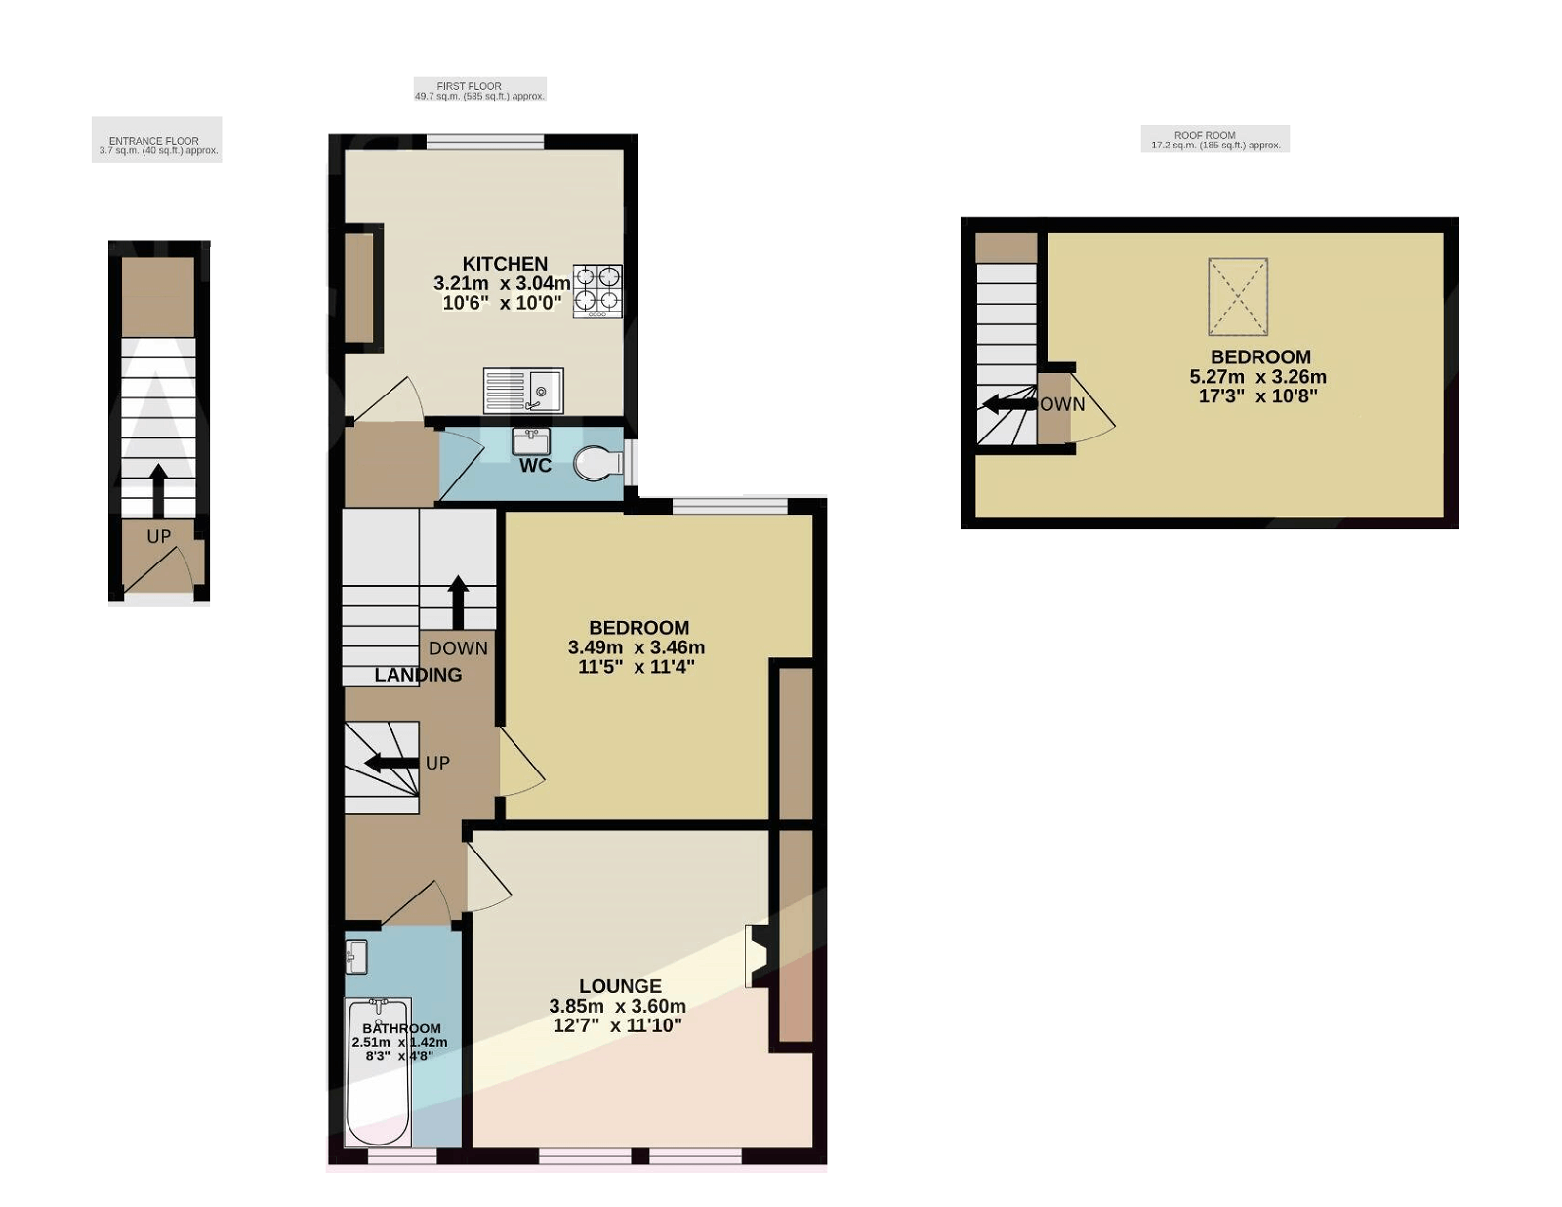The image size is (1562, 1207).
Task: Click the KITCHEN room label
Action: [505, 264]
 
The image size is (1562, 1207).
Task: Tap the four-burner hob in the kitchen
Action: [596, 290]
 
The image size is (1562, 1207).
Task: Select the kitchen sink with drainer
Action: [523, 391]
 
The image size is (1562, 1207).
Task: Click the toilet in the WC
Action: [597, 463]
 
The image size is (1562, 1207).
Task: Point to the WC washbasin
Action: [531, 440]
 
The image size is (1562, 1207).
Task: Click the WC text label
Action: [535, 466]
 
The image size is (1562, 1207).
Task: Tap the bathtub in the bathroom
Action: [378, 1072]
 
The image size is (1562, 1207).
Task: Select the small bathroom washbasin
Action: [356, 957]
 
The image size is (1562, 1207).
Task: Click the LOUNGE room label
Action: [620, 986]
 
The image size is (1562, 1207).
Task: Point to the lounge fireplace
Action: [758, 955]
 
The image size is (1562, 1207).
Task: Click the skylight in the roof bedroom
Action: [1238, 296]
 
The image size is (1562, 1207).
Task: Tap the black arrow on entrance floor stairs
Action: [158, 489]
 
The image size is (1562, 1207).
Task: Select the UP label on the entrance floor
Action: [158, 536]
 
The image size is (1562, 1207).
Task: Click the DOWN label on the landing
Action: [458, 648]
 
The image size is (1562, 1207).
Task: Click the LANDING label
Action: [418, 675]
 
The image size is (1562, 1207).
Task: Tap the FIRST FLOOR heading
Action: [470, 86]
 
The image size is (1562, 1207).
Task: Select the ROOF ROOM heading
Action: [1205, 135]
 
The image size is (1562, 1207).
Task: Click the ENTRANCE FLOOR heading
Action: [154, 141]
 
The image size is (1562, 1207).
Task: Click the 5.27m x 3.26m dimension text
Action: [1257, 377]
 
